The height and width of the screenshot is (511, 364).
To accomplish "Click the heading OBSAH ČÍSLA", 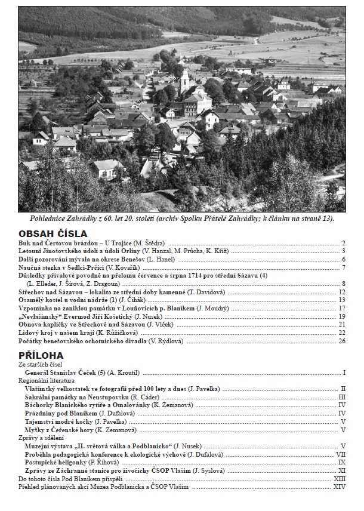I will (53, 234).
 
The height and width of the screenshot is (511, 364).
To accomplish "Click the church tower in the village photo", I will (184, 81).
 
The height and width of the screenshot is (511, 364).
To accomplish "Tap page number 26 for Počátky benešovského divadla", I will (342, 341).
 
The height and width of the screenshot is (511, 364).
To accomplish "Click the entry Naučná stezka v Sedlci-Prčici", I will (66, 267).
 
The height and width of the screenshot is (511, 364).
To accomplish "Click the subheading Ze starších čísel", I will (41, 364).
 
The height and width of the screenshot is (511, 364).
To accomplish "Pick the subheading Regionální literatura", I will (47, 380).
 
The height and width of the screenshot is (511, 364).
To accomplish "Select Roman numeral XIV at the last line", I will (340, 487).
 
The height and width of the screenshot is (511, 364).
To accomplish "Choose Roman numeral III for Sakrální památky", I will (342, 397).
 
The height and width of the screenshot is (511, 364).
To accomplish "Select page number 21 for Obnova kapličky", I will (342, 324).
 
